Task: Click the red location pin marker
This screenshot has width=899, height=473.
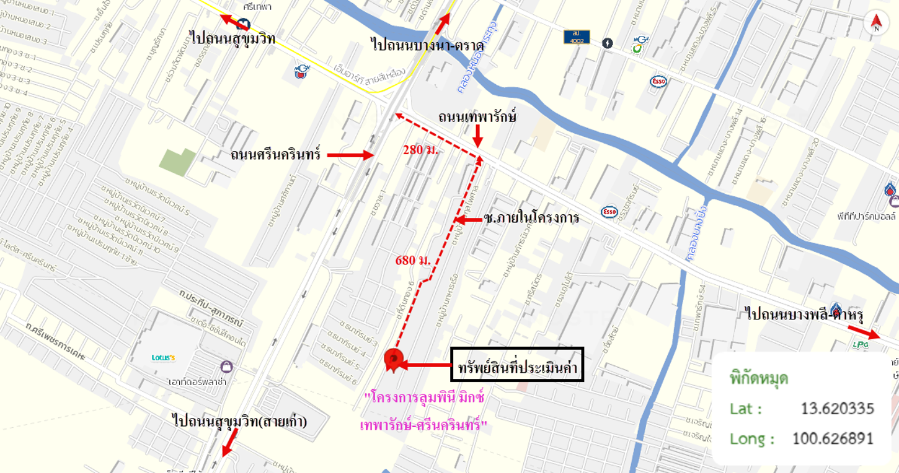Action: point(393,359)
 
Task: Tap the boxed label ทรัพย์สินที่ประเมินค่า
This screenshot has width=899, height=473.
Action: point(518,365)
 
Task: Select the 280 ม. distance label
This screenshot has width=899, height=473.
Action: point(420,149)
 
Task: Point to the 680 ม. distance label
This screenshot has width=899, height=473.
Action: point(413,259)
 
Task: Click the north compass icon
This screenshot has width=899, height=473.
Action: point(876,23)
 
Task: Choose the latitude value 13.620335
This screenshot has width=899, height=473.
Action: point(837,409)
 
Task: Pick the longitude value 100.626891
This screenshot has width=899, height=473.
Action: point(833,439)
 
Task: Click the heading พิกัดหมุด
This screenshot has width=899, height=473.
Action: point(759,378)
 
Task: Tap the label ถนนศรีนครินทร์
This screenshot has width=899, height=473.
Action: point(275,154)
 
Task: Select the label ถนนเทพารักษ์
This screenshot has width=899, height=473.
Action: point(477,116)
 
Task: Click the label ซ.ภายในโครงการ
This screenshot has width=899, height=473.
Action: point(531,218)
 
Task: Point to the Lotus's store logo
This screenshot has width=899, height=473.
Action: point(164,357)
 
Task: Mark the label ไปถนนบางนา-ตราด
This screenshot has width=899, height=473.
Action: point(419,45)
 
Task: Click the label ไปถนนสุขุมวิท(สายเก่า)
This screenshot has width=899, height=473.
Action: point(240,422)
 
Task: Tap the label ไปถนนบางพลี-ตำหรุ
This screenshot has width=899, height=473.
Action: point(804,313)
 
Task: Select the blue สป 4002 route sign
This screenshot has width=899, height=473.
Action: point(577,37)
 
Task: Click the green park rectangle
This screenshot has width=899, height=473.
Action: point(178,162)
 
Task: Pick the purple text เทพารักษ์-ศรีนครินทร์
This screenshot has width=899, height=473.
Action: point(423,425)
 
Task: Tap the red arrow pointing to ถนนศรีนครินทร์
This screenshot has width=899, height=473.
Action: point(350,155)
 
